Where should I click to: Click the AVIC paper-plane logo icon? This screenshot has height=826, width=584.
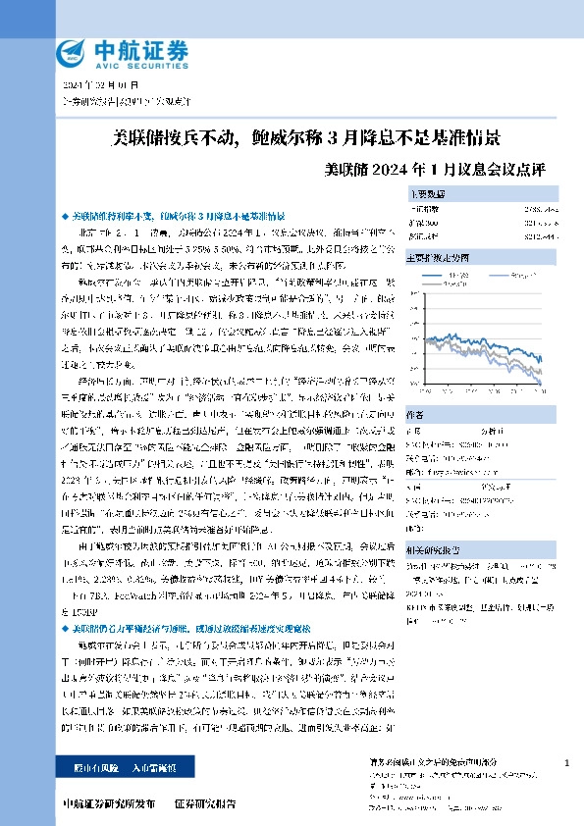73,52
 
